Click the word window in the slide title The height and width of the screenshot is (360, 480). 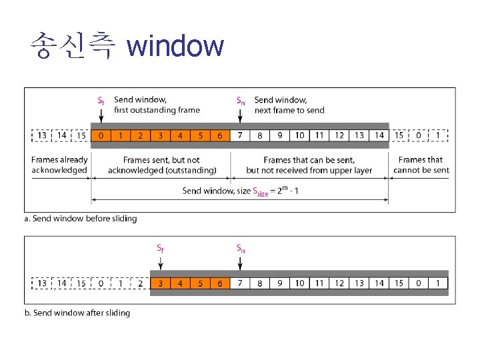(175, 47)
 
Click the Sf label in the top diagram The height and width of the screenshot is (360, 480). (101, 101)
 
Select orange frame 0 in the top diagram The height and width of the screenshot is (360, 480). (101, 136)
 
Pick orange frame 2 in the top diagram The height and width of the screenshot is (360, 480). (140, 136)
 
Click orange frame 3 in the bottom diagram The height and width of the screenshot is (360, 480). (160, 283)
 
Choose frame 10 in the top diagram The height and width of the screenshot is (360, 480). (300, 136)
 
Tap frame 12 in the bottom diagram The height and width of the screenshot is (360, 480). (339, 283)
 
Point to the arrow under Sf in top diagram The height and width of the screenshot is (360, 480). (101, 115)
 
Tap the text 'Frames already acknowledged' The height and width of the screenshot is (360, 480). (59, 165)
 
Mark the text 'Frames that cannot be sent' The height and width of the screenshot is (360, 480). (421, 165)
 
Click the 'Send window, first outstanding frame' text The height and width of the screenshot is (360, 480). (157, 105)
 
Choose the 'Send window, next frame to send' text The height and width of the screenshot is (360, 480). (289, 105)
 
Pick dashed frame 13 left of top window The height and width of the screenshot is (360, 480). (42, 136)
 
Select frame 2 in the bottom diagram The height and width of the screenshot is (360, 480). (140, 283)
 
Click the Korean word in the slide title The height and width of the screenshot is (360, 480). (73, 47)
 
